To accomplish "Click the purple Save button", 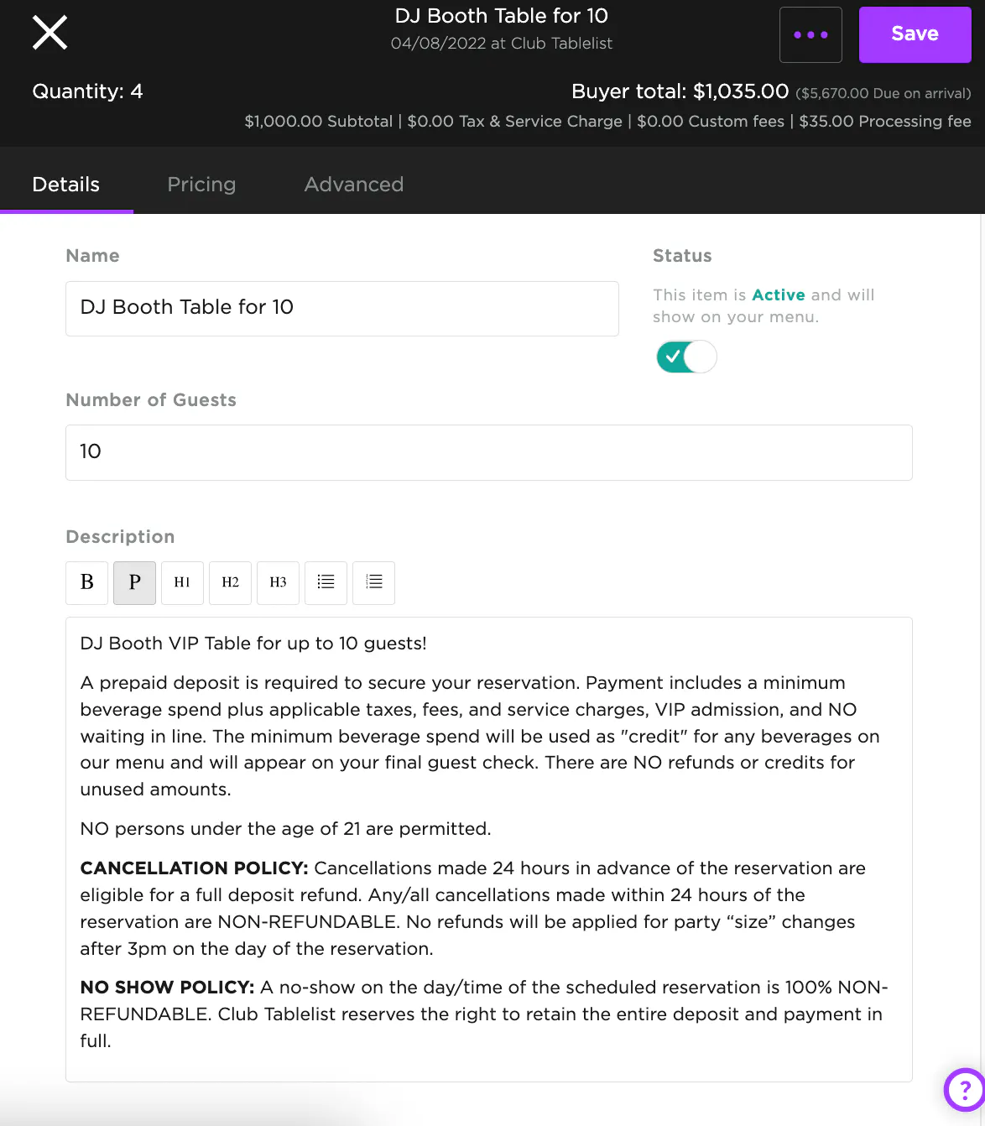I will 915,34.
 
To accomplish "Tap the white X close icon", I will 50,34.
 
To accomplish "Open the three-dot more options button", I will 810,34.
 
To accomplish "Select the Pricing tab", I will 201,185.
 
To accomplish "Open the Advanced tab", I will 353,185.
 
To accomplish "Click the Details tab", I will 66,185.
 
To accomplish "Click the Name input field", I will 341,308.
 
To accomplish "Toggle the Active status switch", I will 686,357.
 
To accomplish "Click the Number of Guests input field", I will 488,452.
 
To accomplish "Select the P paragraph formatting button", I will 134,582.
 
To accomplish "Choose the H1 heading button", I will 182,582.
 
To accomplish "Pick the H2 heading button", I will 230,582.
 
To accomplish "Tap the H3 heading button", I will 278,582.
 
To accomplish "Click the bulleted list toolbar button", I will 326,582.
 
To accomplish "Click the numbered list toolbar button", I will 373,582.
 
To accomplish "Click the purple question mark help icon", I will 965,1090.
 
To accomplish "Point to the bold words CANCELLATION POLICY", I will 194,868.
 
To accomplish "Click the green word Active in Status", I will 779,295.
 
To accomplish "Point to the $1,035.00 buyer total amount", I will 741,91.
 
